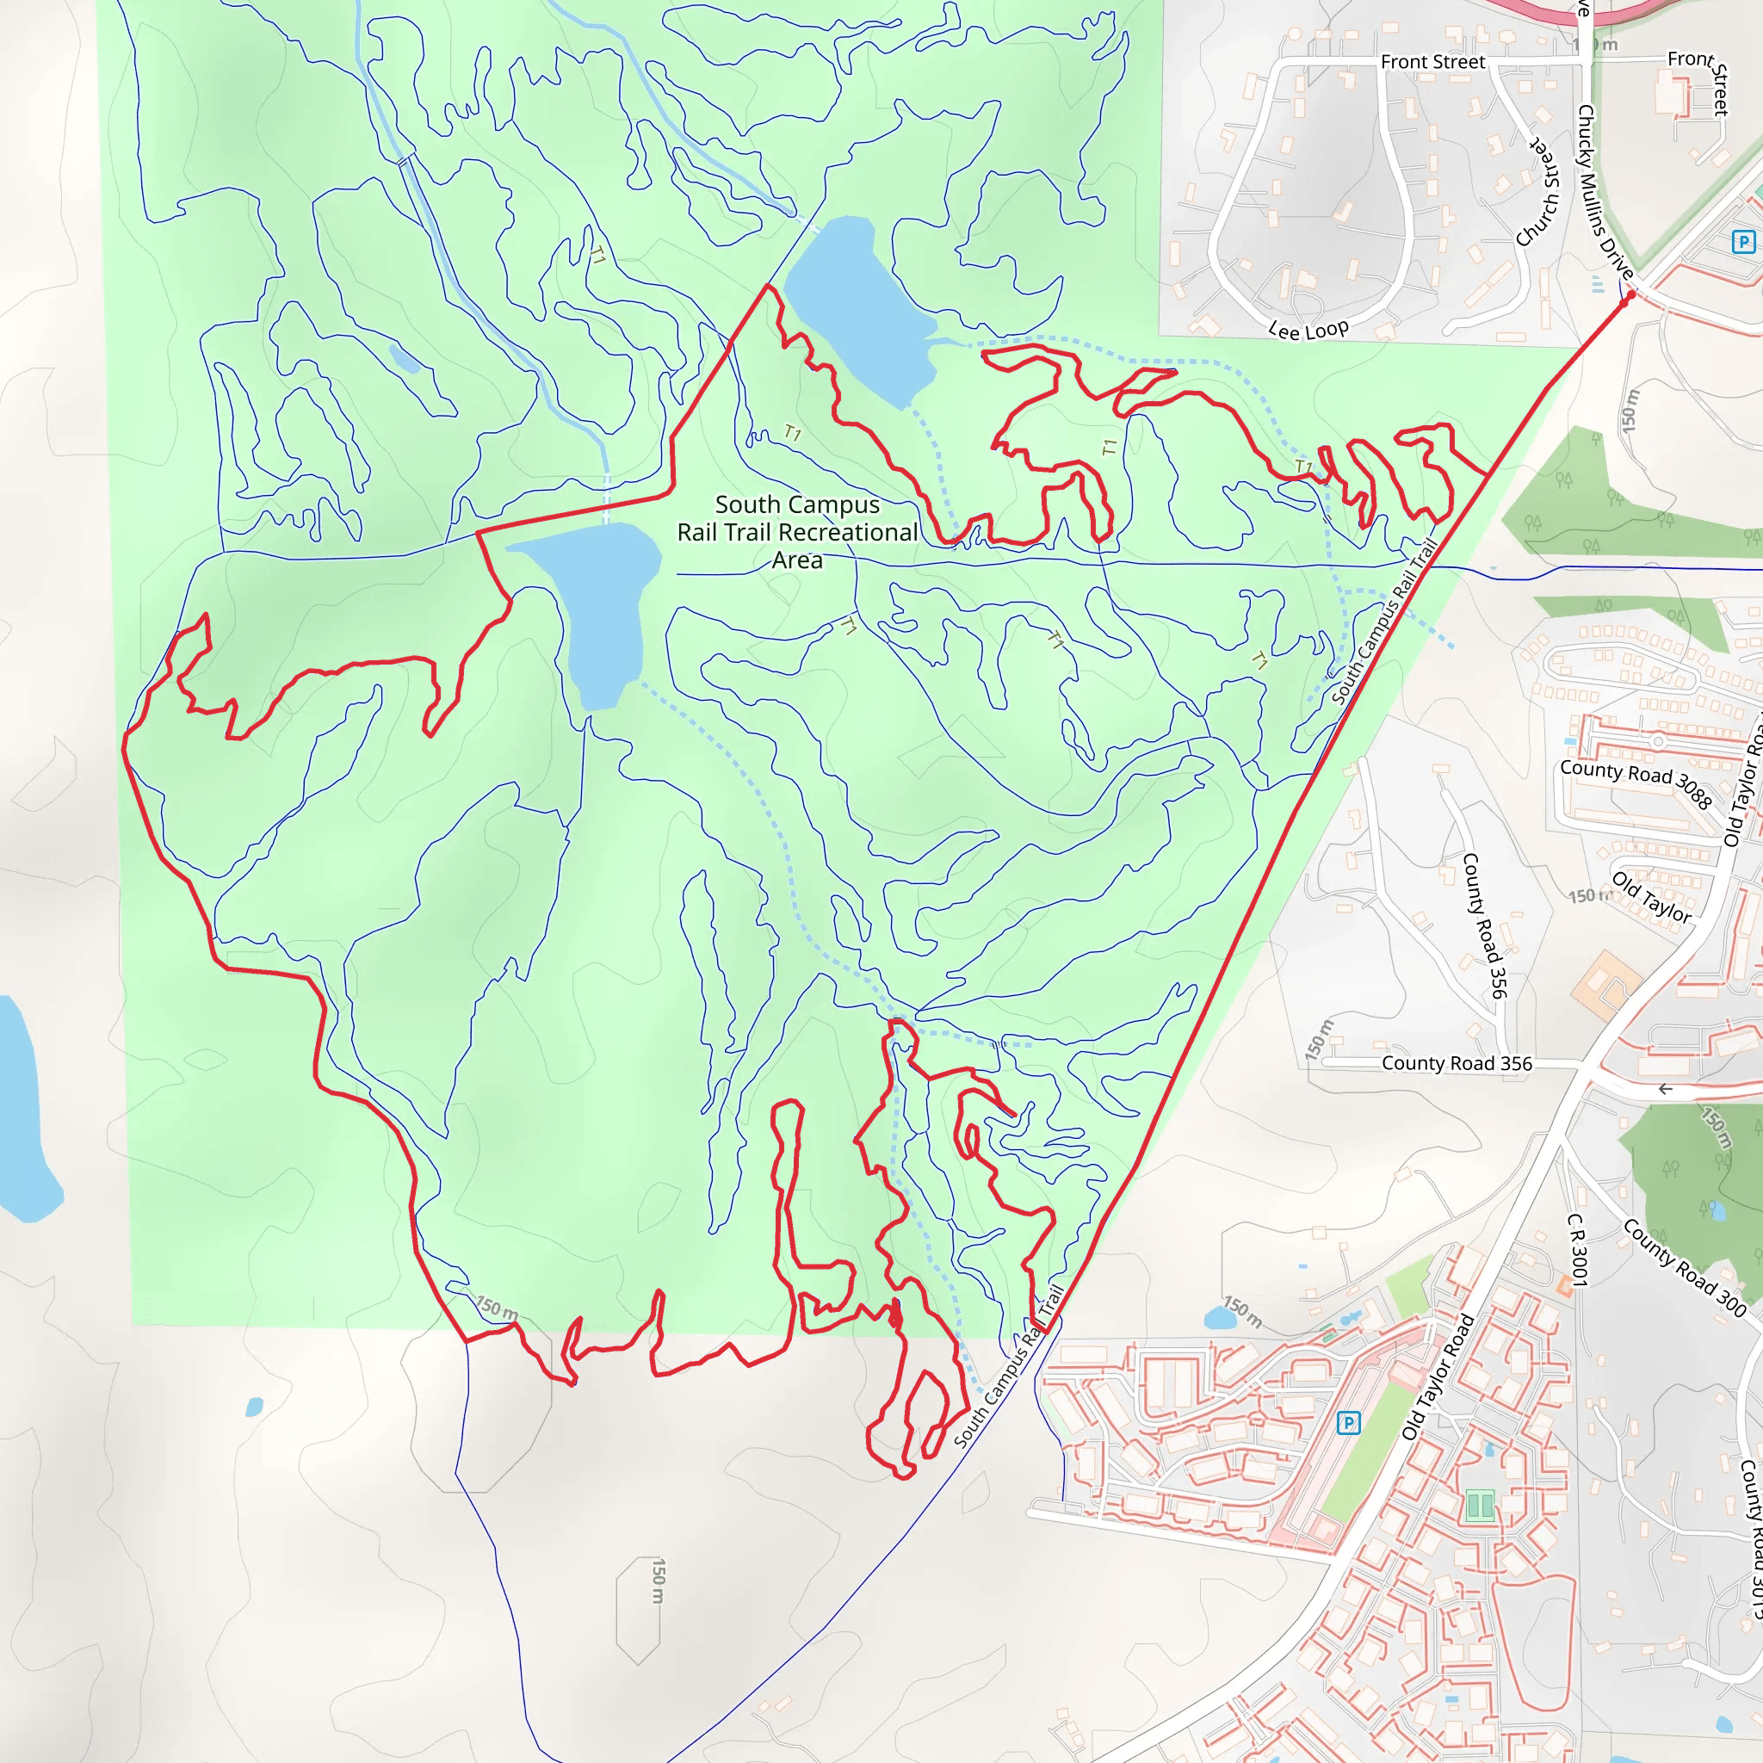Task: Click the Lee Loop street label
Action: point(1308,330)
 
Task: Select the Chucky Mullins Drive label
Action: point(1603,193)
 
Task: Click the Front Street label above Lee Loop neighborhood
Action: point(1432,62)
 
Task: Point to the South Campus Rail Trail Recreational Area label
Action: point(796,532)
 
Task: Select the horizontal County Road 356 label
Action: point(1457,1063)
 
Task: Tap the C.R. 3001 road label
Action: point(1578,1249)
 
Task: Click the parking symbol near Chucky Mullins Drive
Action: point(1743,242)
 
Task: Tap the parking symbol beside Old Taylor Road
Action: point(1348,1422)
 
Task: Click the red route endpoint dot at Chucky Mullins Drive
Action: point(1630,294)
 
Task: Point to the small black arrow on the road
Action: point(1666,1089)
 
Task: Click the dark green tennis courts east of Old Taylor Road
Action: point(1479,1505)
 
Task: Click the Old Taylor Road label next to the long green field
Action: point(1438,1378)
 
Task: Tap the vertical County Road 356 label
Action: point(1484,925)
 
